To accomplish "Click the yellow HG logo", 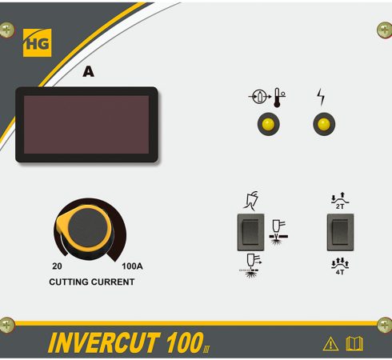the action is pyautogui.click(x=37, y=43).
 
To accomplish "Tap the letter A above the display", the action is pyautogui.click(x=88, y=71).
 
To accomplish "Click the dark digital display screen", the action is pyautogui.click(x=86, y=125).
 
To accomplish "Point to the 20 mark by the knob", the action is pyautogui.click(x=57, y=266).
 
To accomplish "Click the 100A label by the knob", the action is pyautogui.click(x=132, y=266).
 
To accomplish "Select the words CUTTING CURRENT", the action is pyautogui.click(x=92, y=282).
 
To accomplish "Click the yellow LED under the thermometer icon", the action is pyautogui.click(x=268, y=124).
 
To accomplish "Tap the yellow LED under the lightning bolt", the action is pyautogui.click(x=324, y=124).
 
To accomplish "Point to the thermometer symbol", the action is pyautogui.click(x=278, y=98).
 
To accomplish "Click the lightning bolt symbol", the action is pyautogui.click(x=321, y=97).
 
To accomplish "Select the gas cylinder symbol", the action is pyautogui.click(x=259, y=97).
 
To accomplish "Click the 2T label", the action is pyautogui.click(x=340, y=206).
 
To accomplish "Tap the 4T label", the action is pyautogui.click(x=340, y=272).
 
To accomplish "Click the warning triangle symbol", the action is pyautogui.click(x=330, y=344).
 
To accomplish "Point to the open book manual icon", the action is pyautogui.click(x=354, y=344).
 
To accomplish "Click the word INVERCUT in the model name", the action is pyautogui.click(x=104, y=342).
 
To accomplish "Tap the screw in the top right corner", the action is pyautogui.click(x=385, y=30).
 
